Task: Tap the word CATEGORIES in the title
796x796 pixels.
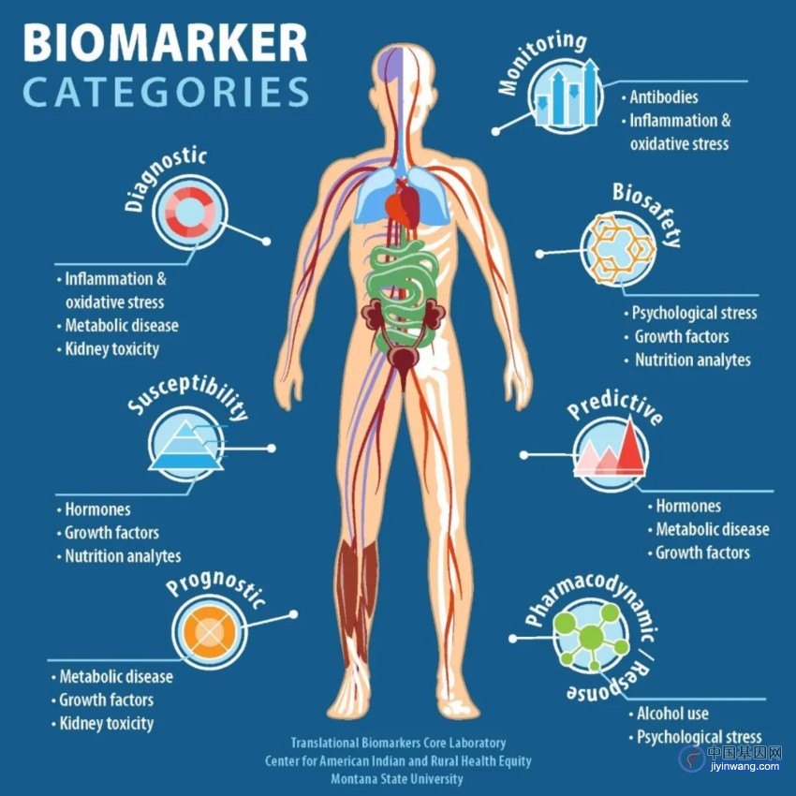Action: pyautogui.click(x=166, y=92)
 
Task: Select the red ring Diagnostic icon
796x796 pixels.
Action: pyautogui.click(x=190, y=212)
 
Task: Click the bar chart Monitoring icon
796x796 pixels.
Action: pyautogui.click(x=566, y=96)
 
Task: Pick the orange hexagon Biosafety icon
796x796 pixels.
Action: pyautogui.click(x=618, y=249)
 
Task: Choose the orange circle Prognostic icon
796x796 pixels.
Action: pyautogui.click(x=210, y=632)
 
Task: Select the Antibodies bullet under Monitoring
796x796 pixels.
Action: pyautogui.click(x=660, y=97)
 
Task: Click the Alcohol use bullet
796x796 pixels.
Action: pyautogui.click(x=669, y=714)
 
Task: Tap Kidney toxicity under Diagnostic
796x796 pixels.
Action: pyautogui.click(x=108, y=348)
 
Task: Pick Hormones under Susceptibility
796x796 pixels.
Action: pyautogui.click(x=94, y=509)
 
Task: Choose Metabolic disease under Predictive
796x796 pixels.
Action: pyautogui.click(x=709, y=529)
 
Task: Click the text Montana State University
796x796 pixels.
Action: pyautogui.click(x=397, y=779)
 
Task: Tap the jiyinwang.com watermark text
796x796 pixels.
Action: pyautogui.click(x=744, y=767)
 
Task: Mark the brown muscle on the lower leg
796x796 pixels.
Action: pyautogui.click(x=358, y=599)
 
